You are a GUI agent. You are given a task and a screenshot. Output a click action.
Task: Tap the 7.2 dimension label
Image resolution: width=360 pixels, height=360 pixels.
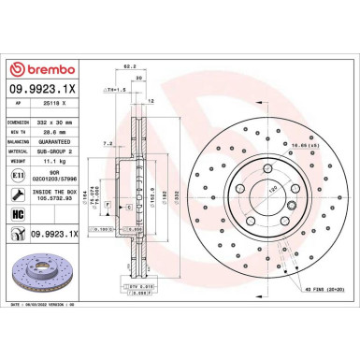click(x=108, y=144)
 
